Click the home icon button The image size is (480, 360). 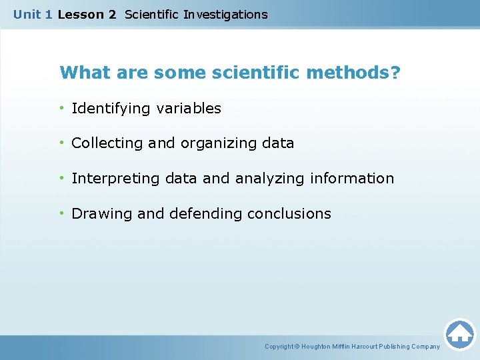[x=459, y=334]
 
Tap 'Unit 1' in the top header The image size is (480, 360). [x=33, y=14]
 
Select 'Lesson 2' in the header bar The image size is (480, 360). [x=87, y=14]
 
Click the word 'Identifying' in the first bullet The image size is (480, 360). [x=111, y=108]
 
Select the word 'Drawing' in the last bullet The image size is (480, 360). [x=101, y=214]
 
